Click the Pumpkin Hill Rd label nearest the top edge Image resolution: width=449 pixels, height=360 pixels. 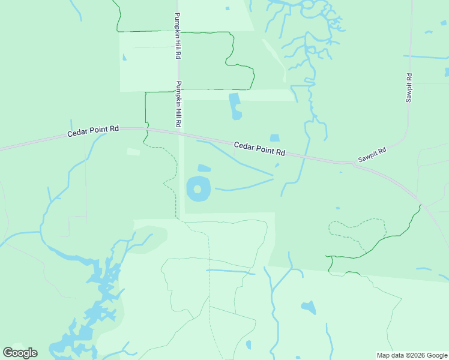(x=178, y=35)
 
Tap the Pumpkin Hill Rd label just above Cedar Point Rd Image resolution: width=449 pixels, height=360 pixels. (x=178, y=104)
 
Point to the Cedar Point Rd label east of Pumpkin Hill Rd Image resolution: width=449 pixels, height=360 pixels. (x=259, y=147)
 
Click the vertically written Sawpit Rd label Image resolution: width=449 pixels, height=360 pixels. (x=409, y=88)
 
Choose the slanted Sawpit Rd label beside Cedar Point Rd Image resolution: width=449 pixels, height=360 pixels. (x=372, y=155)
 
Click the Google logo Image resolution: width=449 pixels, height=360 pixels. (x=20, y=353)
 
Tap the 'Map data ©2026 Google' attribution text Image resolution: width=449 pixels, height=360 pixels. (x=412, y=355)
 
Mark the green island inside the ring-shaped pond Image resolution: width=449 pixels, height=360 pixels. (x=197, y=189)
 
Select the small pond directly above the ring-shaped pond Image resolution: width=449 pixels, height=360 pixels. (x=204, y=168)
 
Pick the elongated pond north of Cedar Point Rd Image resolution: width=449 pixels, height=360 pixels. (x=235, y=106)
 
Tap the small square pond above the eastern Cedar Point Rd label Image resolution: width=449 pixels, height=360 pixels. (x=275, y=138)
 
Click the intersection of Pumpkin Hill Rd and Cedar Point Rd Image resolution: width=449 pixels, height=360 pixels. (x=180, y=131)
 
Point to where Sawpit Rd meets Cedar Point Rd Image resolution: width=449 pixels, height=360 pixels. (x=347, y=162)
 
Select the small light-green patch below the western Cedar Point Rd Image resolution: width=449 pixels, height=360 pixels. (x=133, y=152)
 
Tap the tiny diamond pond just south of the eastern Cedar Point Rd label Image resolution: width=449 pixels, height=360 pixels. (x=277, y=165)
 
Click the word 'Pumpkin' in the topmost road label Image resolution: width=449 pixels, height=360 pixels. (x=178, y=25)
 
